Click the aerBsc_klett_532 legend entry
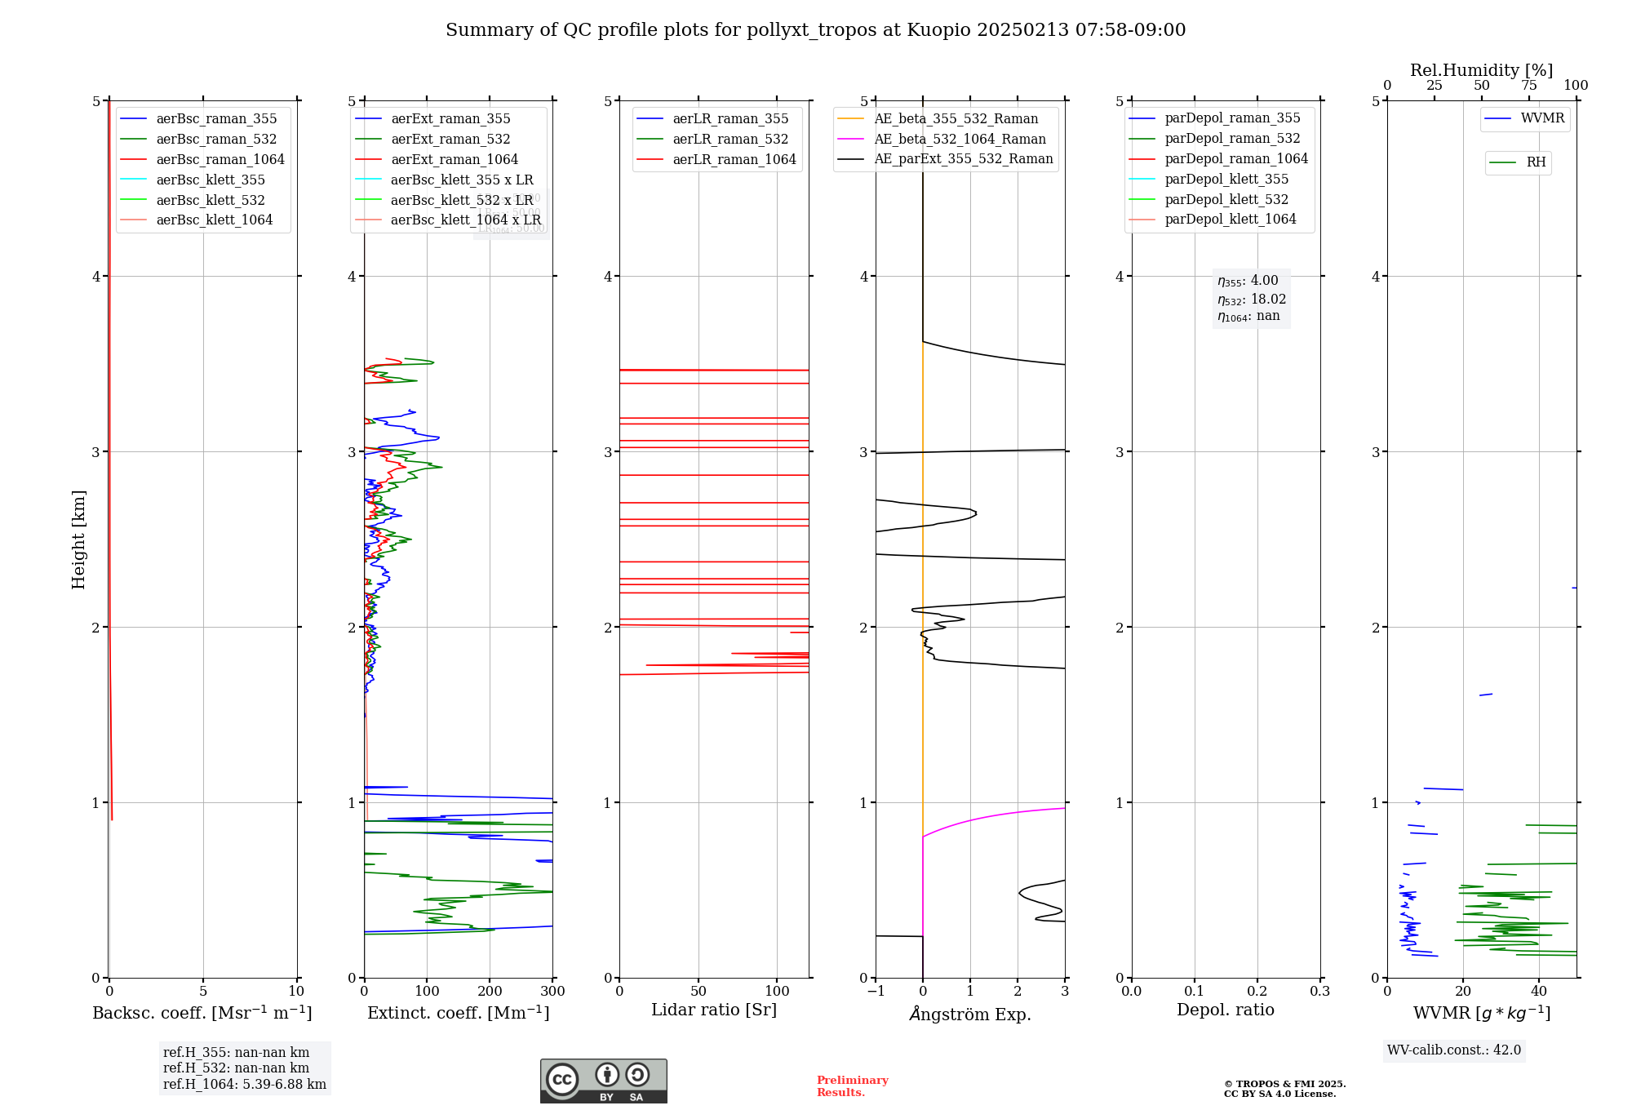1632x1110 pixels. click(x=210, y=200)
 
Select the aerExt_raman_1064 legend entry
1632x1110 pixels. click(x=454, y=159)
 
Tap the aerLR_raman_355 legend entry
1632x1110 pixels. click(x=730, y=119)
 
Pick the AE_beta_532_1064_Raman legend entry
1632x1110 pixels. click(x=960, y=139)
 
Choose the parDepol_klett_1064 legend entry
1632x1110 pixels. click(x=1230, y=219)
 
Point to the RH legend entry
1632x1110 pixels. click(x=1536, y=162)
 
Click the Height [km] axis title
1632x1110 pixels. click(x=78, y=539)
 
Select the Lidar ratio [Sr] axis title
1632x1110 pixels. click(x=713, y=1010)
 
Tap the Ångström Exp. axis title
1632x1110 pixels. click(x=970, y=1014)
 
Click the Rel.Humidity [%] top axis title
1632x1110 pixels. click(x=1481, y=70)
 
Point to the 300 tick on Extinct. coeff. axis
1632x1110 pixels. click(x=552, y=992)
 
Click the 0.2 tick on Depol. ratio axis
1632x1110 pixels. click(x=1257, y=992)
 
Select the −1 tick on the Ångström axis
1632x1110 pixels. click(x=876, y=992)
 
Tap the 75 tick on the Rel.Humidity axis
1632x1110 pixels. click(x=1528, y=86)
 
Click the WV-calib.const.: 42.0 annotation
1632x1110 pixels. click(x=1454, y=1050)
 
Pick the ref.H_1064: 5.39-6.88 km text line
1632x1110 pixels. click(x=244, y=1084)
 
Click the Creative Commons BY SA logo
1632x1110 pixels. click(x=603, y=1081)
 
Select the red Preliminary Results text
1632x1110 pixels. click(x=852, y=1086)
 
